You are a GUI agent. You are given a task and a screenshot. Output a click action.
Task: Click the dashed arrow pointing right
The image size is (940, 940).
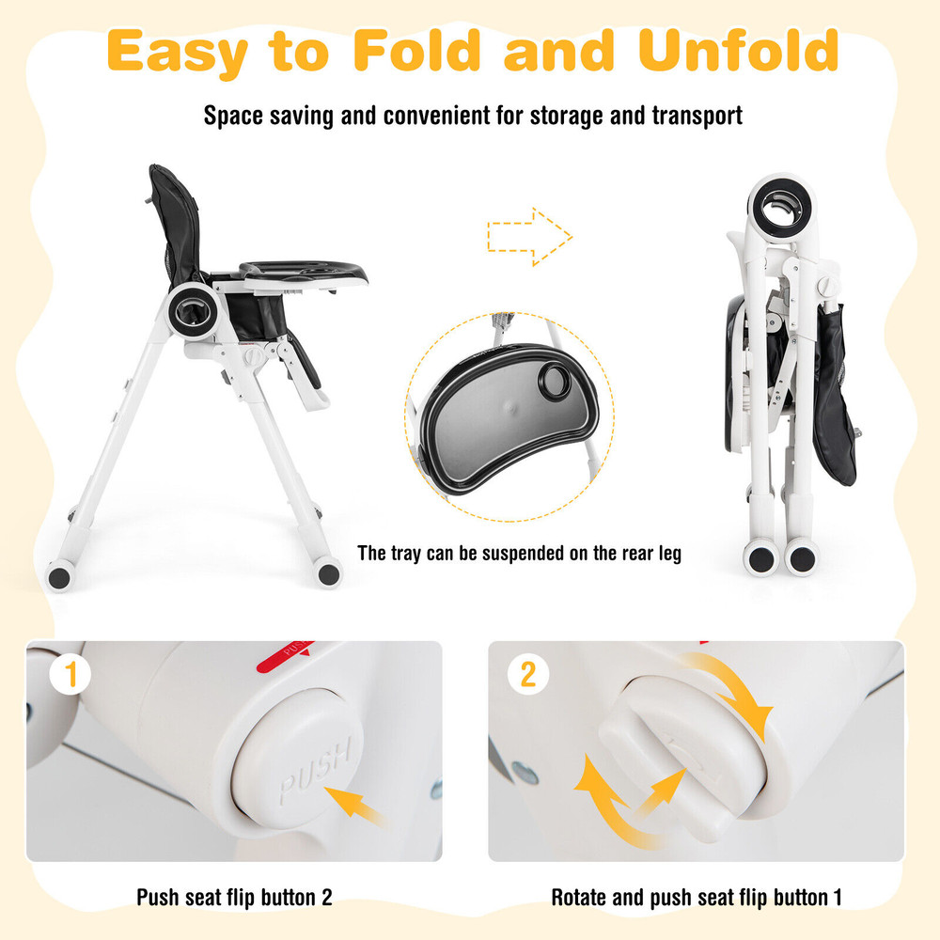(529, 237)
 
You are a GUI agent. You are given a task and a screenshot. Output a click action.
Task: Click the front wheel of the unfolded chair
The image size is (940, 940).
(328, 572)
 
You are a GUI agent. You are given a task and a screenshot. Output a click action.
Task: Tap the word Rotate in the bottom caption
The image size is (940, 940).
(582, 897)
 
